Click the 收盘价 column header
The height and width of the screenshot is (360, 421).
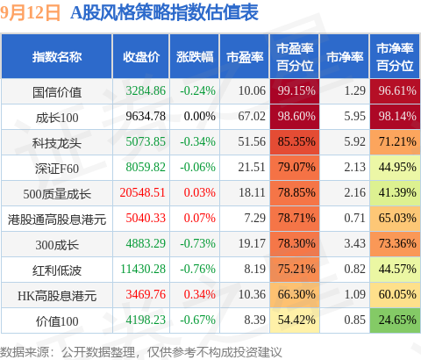141,57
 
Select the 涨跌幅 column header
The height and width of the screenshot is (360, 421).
195,57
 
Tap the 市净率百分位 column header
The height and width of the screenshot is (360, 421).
395,57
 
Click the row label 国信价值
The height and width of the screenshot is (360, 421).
57,92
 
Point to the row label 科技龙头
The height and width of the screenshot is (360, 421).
57,143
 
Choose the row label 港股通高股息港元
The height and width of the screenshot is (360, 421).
57,220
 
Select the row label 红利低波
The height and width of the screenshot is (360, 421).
57,270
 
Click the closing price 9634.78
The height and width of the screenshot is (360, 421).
146,117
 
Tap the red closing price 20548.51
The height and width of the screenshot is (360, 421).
143,192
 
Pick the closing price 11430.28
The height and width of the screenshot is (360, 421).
143,269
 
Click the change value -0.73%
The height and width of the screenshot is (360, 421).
198,243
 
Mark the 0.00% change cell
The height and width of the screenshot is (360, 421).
200,117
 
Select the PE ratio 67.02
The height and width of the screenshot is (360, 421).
252,117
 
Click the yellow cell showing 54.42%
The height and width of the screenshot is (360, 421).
295,320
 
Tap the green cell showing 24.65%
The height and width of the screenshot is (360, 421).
395,320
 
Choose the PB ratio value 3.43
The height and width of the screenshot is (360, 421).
355,243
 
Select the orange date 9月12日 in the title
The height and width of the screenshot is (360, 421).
30,13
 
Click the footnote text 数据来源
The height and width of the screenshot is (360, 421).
25,352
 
